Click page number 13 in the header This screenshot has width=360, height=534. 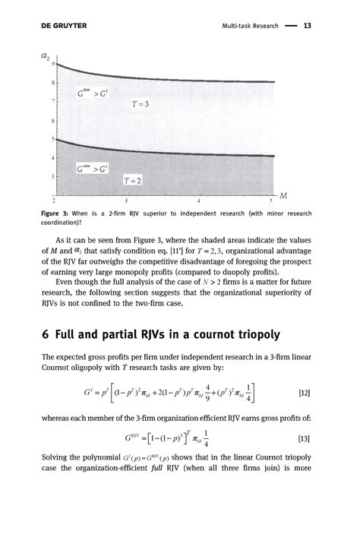308,26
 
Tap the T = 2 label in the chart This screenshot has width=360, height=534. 133,181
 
